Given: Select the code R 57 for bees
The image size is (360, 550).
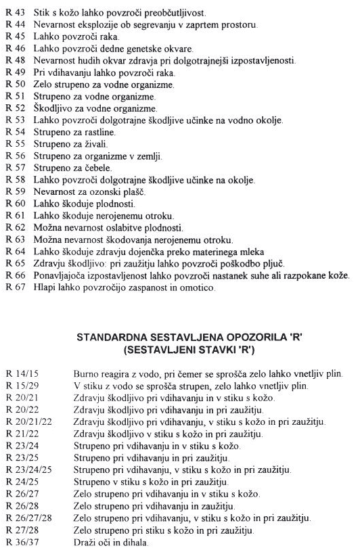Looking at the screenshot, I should point(16,166).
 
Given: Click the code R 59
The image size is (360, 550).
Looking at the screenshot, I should point(16,192).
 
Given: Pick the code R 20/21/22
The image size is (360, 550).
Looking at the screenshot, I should point(28,419).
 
